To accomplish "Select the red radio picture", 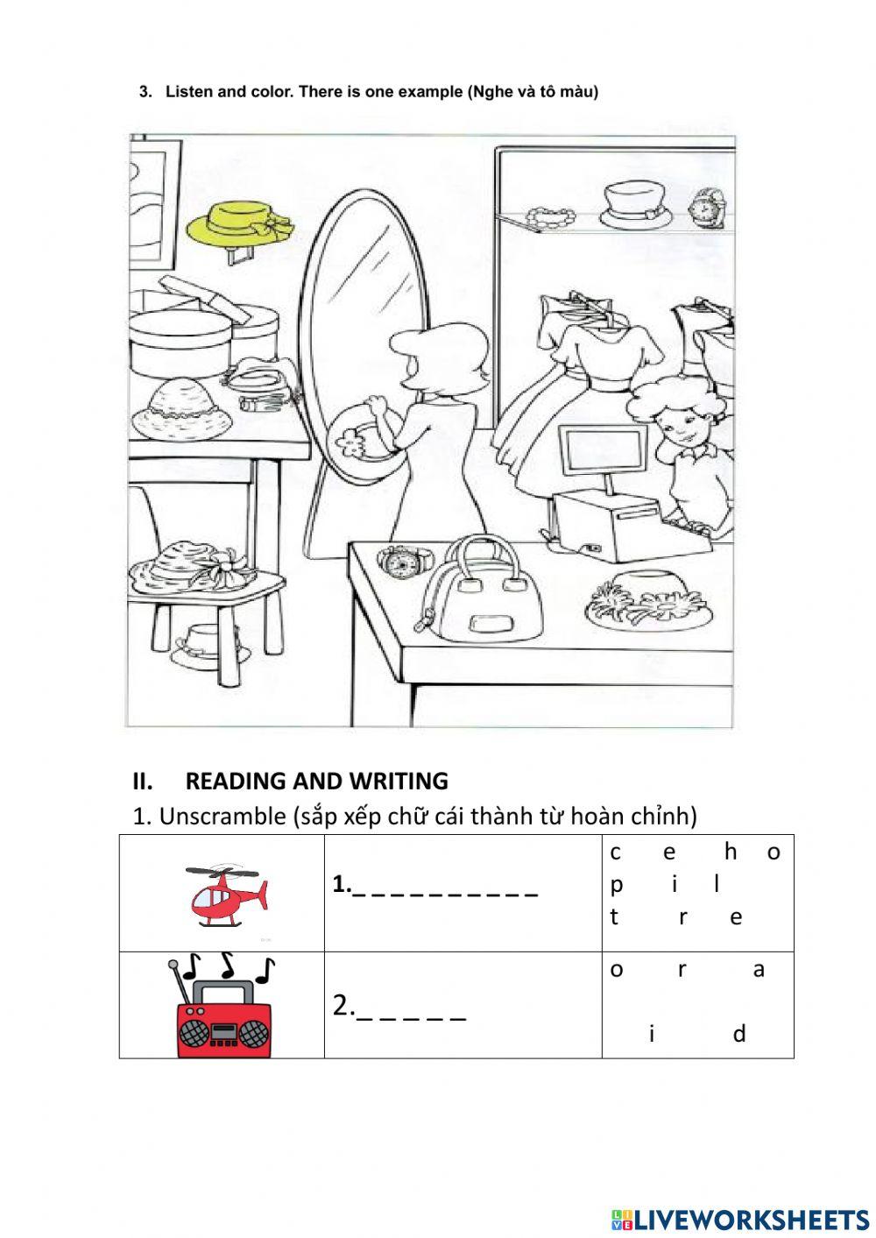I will (223, 1011).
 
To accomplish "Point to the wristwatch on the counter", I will (402, 561).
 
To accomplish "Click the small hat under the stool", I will (202, 644).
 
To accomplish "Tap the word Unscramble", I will (217, 817).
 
